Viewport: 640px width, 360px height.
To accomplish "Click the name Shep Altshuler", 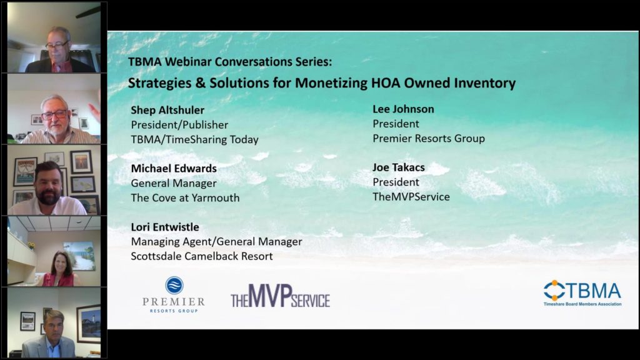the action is [167, 110].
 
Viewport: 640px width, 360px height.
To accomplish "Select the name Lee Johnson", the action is [403, 109].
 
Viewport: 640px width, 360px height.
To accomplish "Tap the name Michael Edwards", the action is [174, 168].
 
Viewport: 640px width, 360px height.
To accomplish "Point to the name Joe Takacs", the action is [398, 167].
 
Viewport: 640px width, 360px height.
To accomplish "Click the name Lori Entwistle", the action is [165, 227].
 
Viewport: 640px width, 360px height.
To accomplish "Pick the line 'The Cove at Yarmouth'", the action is [185, 198].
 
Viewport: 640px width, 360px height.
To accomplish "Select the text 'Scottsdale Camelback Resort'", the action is [202, 256].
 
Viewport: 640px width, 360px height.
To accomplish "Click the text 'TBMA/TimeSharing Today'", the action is [195, 139].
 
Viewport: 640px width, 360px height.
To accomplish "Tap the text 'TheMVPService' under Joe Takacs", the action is [411, 197].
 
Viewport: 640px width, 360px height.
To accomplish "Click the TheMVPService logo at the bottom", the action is [281, 296].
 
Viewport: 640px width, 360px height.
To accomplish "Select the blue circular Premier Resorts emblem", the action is [174, 285].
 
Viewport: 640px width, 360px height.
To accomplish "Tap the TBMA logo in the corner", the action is [582, 293].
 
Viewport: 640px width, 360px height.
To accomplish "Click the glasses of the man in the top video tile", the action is [57, 45].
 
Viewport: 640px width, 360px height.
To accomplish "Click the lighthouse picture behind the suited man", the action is [89, 323].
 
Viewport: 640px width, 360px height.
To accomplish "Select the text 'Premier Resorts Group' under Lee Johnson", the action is [429, 139].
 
